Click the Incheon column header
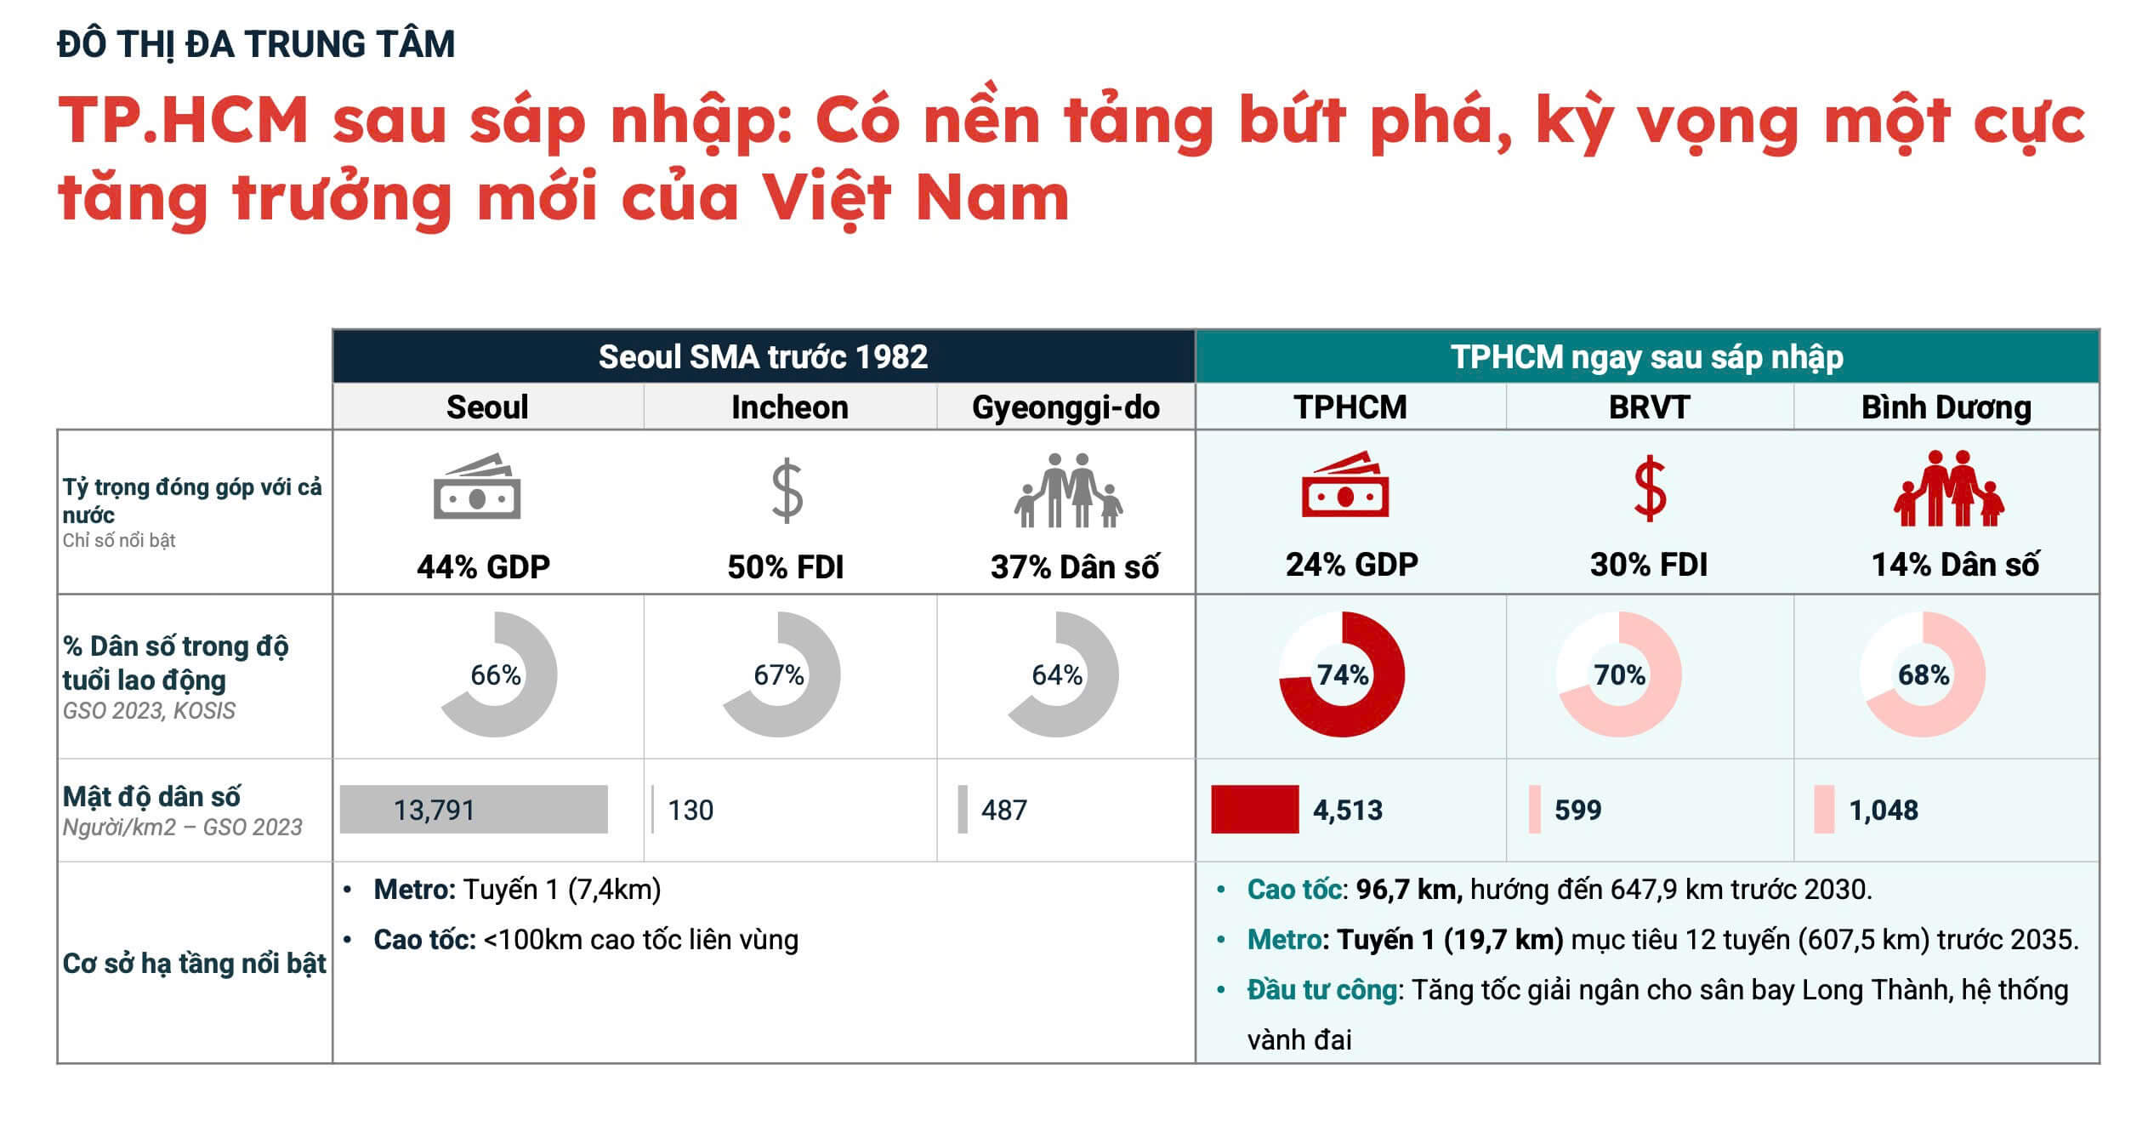(789, 407)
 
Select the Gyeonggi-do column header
(1065, 407)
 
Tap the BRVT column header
(1649, 407)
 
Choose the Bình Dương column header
(1946, 407)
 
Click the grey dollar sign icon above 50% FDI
(787, 491)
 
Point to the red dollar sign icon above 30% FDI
(1650, 489)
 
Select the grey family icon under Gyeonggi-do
(1068, 491)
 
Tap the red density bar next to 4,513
(1254, 809)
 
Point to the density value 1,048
(1884, 810)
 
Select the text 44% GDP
(483, 566)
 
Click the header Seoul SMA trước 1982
(763, 357)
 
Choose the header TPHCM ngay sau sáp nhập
(1646, 357)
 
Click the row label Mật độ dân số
(151, 797)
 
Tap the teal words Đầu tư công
(1321, 989)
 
